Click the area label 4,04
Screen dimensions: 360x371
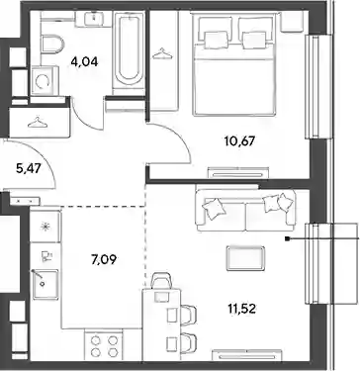click(84, 61)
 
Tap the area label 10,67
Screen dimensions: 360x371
click(239, 141)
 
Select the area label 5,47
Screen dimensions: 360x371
click(28, 169)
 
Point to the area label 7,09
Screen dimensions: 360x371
click(104, 260)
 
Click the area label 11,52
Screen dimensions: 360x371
click(242, 309)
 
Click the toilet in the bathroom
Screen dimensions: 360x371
click(52, 45)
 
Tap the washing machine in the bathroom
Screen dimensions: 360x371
click(45, 81)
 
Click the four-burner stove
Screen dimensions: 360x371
click(103, 345)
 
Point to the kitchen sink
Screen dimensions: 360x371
click(46, 284)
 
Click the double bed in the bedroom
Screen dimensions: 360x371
click(234, 64)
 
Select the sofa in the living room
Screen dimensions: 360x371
click(246, 208)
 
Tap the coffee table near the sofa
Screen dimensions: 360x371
click(245, 258)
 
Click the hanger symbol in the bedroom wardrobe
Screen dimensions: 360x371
click(163, 53)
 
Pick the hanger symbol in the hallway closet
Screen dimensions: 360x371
click(39, 123)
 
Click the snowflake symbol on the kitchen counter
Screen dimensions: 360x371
click(45, 227)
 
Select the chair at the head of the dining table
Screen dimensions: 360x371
click(161, 283)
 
